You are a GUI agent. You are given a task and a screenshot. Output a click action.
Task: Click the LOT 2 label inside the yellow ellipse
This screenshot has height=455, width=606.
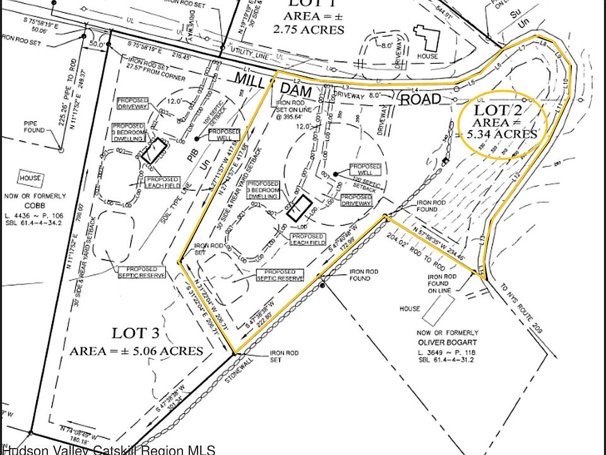click(x=499, y=109)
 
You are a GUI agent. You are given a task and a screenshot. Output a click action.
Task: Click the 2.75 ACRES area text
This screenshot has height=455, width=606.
click(x=309, y=29)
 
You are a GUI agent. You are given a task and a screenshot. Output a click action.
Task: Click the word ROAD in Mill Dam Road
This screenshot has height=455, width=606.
click(x=422, y=99)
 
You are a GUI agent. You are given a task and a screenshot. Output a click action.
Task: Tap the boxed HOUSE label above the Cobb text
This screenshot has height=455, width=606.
click(x=30, y=178)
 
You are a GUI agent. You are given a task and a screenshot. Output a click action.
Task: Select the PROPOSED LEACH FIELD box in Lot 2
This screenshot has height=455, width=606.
click(x=307, y=239)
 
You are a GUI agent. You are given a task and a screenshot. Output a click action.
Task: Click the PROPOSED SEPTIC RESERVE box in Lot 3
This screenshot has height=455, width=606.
click(x=141, y=272)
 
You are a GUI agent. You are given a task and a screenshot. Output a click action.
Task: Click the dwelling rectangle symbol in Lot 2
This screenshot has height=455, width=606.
click(x=297, y=208)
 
